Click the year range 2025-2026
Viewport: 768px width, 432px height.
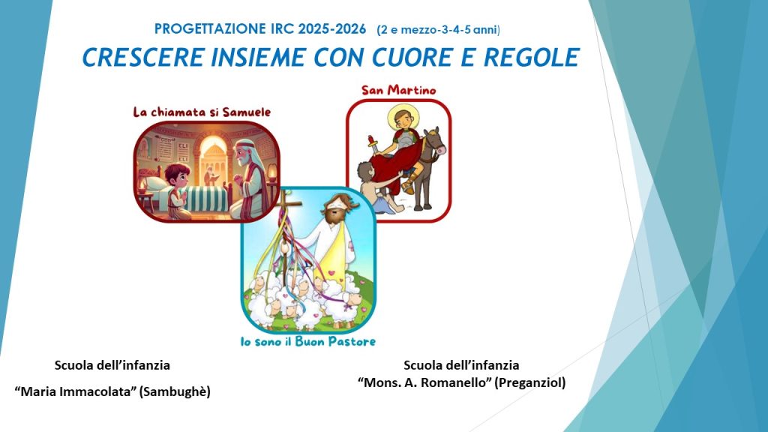[332, 29]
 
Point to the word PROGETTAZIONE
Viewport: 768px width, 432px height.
[210, 29]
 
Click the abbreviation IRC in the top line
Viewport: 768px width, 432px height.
[282, 29]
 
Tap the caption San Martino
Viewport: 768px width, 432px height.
[399, 90]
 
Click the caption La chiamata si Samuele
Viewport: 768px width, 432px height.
[202, 112]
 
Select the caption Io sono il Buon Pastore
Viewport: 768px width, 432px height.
[308, 341]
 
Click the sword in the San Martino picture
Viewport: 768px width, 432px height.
[374, 145]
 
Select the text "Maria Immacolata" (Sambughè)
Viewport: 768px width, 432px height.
[112, 391]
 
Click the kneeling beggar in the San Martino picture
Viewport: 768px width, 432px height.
[378, 188]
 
